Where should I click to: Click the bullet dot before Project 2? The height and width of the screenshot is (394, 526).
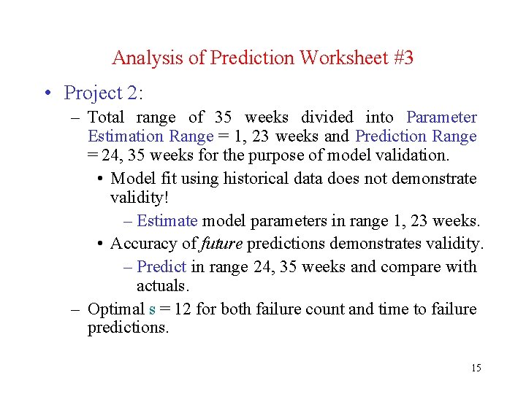pos(47,93)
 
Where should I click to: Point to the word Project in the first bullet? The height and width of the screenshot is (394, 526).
pos(91,93)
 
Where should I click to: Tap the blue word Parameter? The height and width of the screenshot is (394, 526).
pos(441,117)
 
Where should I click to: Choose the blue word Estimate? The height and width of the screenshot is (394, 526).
pos(167,221)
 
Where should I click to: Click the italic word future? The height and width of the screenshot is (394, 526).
pos(220,244)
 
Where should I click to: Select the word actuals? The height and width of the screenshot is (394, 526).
pos(162,285)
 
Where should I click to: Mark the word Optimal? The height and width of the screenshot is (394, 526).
pos(116,309)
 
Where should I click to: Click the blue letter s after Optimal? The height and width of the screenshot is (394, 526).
pos(152,309)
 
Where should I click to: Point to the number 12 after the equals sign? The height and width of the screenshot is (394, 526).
pos(183,309)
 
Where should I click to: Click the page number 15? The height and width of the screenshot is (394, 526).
pos(476,368)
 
